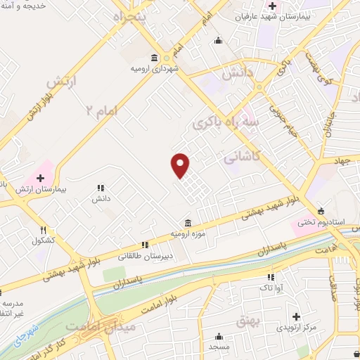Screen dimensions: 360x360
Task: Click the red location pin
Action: [181, 166]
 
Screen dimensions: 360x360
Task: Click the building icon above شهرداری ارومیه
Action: [154, 58]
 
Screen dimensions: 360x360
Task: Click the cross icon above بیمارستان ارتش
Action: [40, 179]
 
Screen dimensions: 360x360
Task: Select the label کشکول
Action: [43, 240]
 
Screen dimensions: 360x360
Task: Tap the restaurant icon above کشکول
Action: [43, 229]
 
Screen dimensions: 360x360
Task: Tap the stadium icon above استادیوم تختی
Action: [322, 211]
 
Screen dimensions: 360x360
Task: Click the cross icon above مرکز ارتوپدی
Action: [296, 317]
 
